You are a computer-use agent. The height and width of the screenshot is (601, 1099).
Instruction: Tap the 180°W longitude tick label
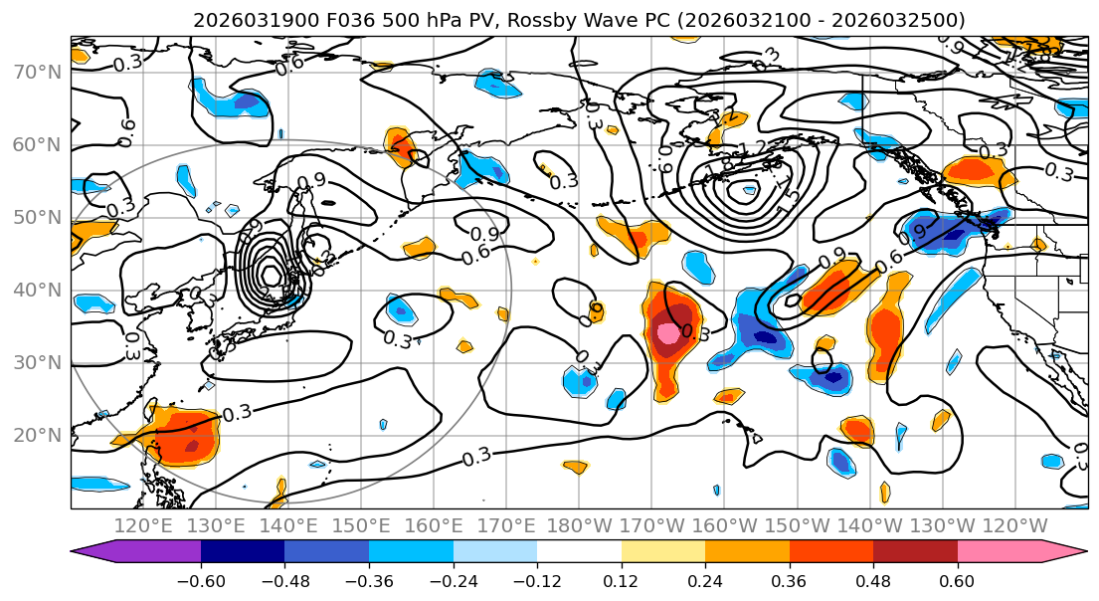click(580, 525)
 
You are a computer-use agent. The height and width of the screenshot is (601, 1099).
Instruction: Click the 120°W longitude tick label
click(1014, 525)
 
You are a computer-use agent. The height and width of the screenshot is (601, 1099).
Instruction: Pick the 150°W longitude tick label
click(797, 525)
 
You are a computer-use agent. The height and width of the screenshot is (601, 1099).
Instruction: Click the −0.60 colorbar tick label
click(200, 581)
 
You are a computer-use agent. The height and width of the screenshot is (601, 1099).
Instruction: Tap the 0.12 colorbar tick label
click(621, 581)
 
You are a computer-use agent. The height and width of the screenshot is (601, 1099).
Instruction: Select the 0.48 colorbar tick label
click(873, 581)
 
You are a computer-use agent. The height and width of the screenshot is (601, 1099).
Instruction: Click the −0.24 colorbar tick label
click(453, 581)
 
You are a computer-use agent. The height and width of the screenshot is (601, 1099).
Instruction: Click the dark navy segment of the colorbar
click(242, 552)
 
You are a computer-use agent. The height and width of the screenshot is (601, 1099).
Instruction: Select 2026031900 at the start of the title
click(242, 20)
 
